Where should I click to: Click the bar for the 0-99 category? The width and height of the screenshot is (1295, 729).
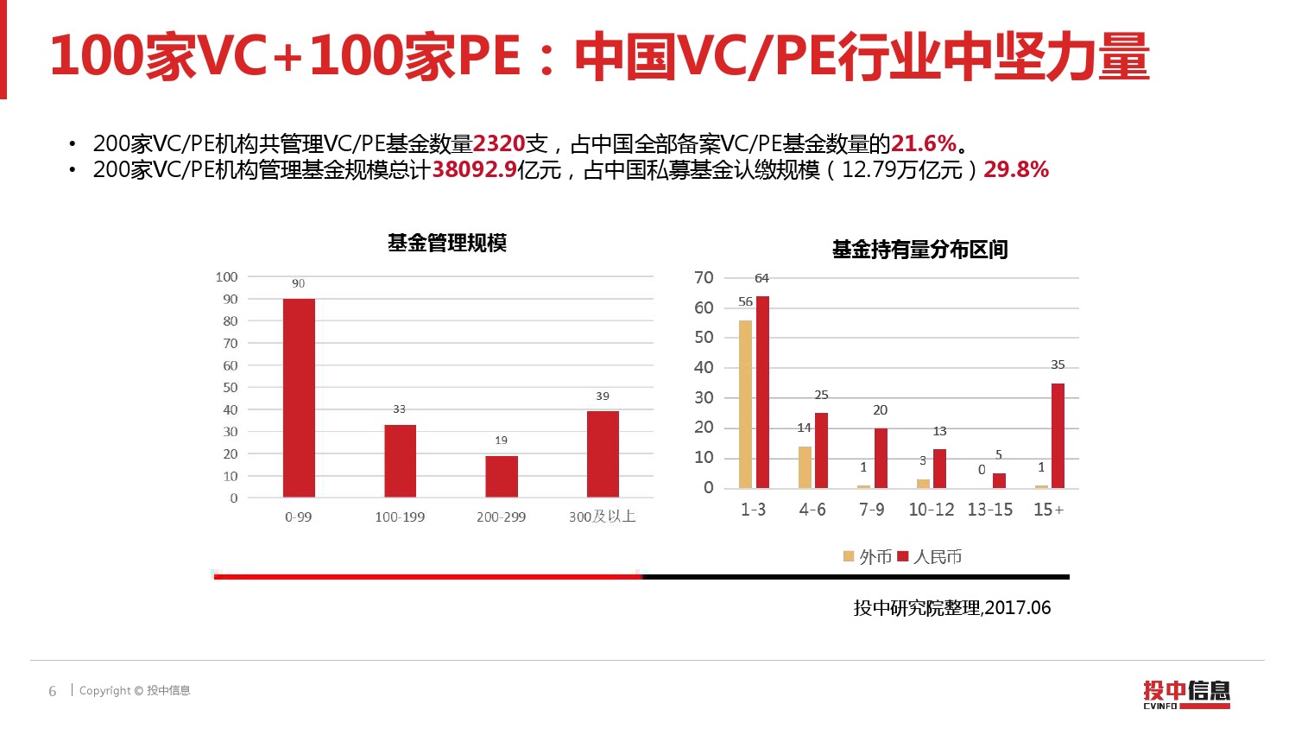click(299, 398)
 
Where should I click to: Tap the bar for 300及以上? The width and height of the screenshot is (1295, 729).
click(603, 454)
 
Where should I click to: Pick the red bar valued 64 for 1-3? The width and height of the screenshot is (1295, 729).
click(762, 392)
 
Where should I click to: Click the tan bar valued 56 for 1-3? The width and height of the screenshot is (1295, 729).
click(745, 404)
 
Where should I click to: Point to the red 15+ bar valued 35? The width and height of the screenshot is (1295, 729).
click(1058, 436)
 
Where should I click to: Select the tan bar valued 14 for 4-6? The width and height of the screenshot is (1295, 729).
click(805, 467)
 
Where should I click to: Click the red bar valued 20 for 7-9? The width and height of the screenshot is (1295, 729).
click(881, 458)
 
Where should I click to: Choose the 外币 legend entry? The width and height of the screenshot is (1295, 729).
click(868, 557)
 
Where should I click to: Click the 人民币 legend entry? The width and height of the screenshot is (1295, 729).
click(930, 557)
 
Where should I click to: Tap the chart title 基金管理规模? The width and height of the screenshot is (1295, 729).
click(446, 244)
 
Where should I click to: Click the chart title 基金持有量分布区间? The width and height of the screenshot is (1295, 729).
click(919, 250)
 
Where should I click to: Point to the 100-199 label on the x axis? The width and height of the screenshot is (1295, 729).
click(400, 517)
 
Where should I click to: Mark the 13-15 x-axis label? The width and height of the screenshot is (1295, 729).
click(989, 510)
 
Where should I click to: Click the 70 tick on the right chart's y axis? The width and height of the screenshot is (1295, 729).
click(704, 278)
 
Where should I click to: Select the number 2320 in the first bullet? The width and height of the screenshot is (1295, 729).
click(499, 143)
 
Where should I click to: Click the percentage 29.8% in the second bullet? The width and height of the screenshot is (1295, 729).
click(1016, 170)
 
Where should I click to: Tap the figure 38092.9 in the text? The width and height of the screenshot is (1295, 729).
click(474, 170)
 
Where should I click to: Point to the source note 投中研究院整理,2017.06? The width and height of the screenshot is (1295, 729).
click(951, 608)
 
